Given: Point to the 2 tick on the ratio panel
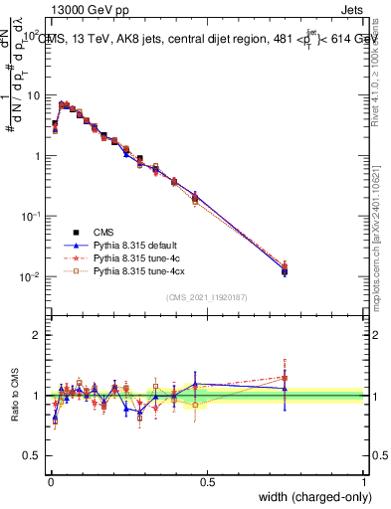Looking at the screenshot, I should (37, 335).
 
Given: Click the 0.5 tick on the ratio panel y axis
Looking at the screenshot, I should (32, 456).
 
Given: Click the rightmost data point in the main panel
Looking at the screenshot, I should (285, 269).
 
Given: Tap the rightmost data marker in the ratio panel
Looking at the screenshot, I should (285, 378).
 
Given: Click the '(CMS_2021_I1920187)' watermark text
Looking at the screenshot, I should (208, 295).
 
